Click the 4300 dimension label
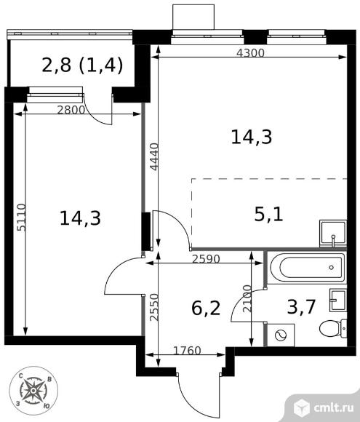250,53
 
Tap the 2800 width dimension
71,110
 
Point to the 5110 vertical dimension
22,218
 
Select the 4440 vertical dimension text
154,157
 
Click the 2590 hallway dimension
206,259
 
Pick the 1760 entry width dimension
187,351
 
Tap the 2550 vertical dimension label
154,307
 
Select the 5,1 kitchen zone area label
268,215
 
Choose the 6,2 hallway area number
206,308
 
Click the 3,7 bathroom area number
301,307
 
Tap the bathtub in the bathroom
308,268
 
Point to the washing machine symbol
281,335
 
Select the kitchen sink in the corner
333,234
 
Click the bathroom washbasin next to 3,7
338,300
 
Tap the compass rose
33,390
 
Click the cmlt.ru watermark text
334,408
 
